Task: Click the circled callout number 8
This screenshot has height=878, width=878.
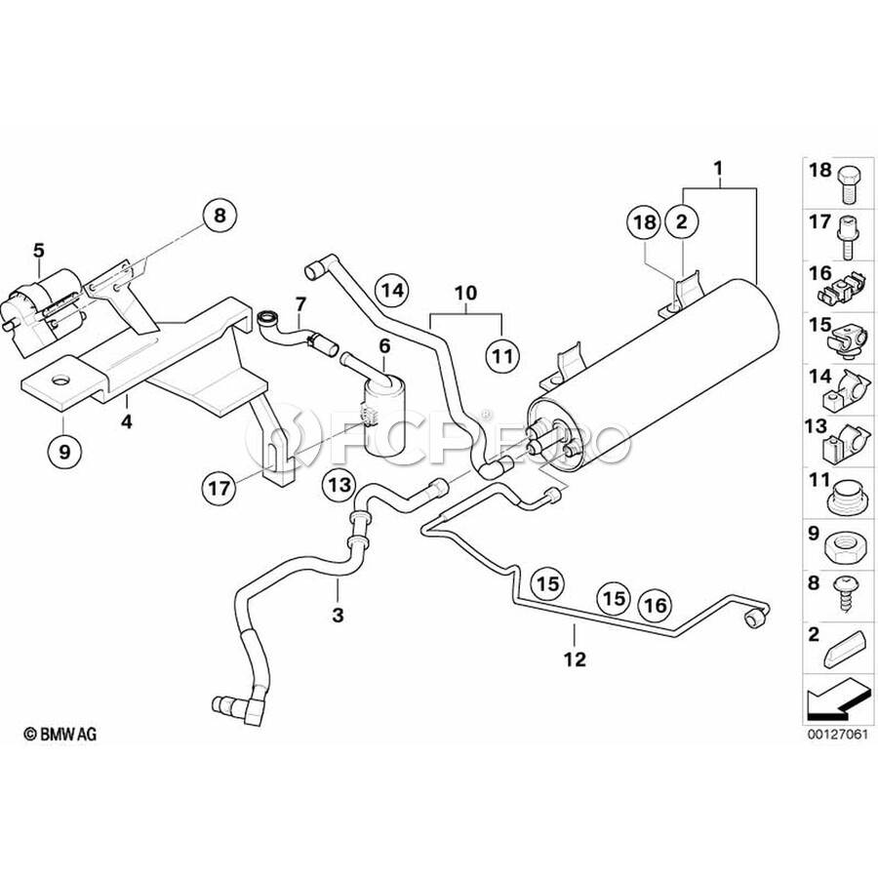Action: tap(219, 215)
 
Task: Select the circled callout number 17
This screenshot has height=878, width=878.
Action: tap(219, 488)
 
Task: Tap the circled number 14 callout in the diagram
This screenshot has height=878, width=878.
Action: tap(392, 290)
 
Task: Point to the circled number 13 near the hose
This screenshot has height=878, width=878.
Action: tap(339, 484)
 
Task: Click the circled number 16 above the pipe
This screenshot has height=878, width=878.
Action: tap(656, 605)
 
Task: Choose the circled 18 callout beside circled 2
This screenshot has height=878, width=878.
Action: tap(645, 222)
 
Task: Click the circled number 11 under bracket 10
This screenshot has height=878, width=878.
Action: tap(503, 355)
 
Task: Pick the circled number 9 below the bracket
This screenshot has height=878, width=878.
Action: tap(65, 451)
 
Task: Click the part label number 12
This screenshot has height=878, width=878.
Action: tap(575, 659)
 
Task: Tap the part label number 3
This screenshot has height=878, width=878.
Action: tap(338, 615)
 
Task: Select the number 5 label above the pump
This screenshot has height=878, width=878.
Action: tap(38, 250)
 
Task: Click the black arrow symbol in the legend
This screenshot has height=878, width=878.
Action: tap(838, 699)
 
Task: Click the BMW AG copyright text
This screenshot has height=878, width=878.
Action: tap(60, 734)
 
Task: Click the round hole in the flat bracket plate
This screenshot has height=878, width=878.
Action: tap(60, 380)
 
